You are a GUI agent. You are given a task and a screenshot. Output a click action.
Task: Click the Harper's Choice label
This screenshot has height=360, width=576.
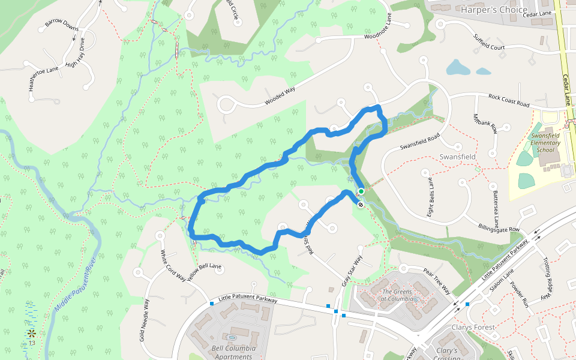494,10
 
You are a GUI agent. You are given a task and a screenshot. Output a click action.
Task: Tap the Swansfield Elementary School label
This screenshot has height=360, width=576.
545,143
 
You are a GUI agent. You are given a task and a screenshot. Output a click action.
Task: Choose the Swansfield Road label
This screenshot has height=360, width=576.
420,142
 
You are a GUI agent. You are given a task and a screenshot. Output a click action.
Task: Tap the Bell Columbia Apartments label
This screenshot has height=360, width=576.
233,352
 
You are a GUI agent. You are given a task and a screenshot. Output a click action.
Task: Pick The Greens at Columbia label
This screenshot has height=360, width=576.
398,296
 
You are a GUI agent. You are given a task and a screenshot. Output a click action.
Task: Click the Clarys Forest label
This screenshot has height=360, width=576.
473,328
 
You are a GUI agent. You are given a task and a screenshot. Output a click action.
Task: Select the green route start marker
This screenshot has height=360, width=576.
361,191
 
